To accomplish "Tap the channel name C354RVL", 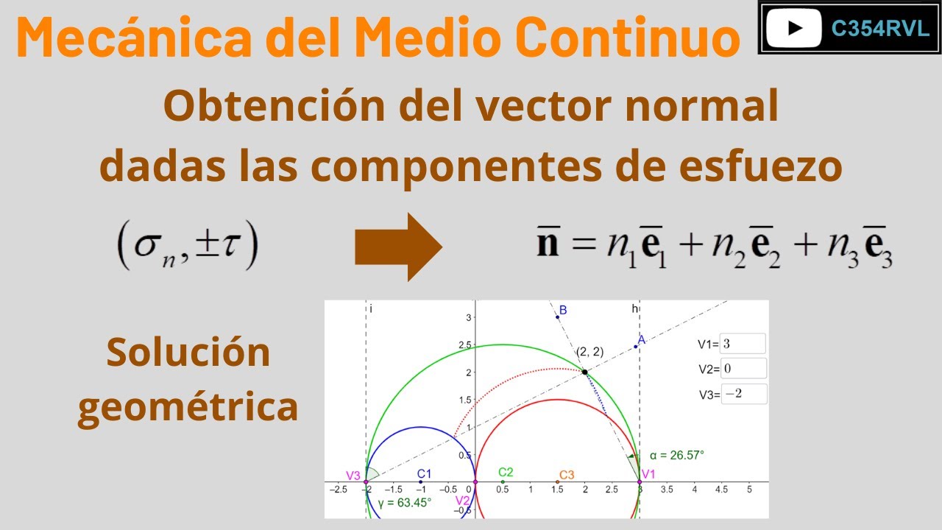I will click(x=870, y=28).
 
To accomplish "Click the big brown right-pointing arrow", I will click(x=398, y=247).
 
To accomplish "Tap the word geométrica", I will click(x=188, y=406).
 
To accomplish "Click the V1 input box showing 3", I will click(x=743, y=343).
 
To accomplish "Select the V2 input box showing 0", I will click(x=743, y=368).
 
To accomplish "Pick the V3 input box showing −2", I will click(x=743, y=394).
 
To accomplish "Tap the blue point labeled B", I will click(x=557, y=317).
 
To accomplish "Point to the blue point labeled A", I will click(x=635, y=346).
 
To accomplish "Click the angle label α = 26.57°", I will click(x=676, y=455).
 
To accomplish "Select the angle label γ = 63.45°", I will click(x=404, y=503).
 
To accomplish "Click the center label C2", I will click(x=506, y=472).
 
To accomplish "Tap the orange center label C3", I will click(x=566, y=475).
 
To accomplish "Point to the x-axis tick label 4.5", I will click(x=722, y=490).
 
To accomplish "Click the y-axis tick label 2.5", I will click(x=464, y=345).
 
